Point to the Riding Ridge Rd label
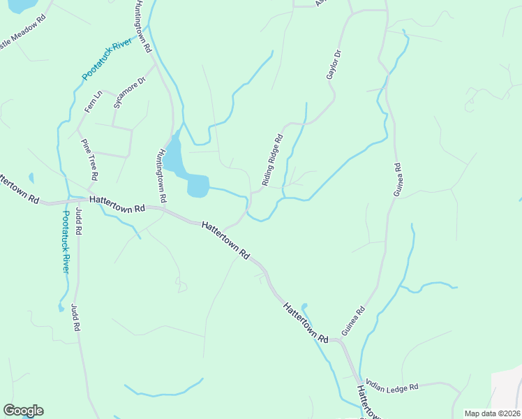272,160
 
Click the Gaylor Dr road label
334,64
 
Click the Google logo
23,411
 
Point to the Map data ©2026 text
492,413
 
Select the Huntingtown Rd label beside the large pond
162,175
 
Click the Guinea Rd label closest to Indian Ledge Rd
353,321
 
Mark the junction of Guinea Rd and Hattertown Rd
342,340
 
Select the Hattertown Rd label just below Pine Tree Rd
117,203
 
